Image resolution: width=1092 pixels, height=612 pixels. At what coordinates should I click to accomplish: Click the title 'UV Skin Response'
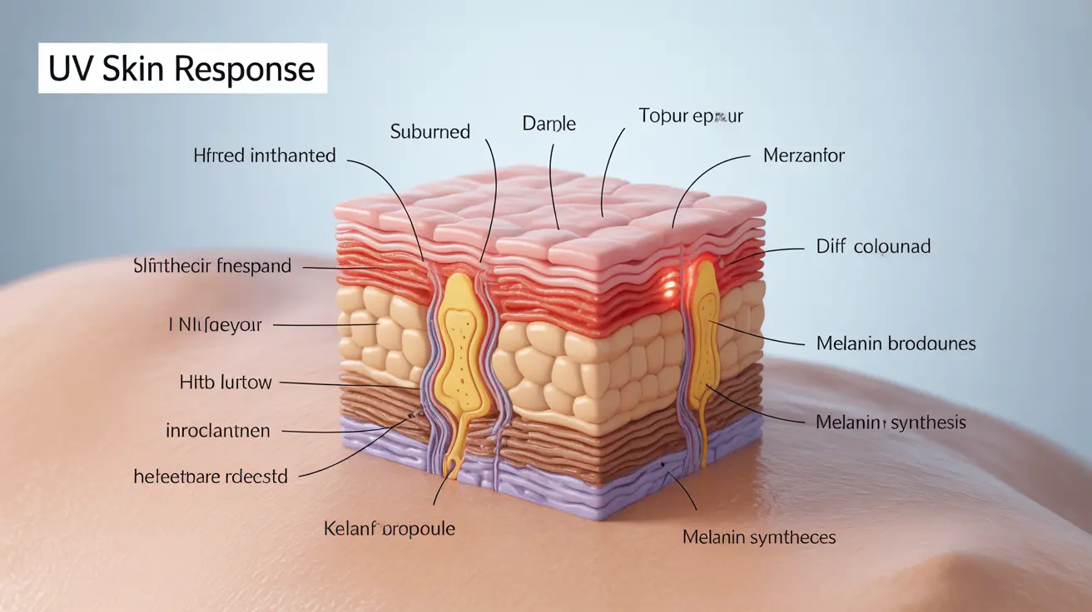click(181, 69)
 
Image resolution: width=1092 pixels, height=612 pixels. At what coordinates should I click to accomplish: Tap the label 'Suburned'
click(429, 131)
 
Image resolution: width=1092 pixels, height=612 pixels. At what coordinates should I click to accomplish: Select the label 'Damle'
click(548, 124)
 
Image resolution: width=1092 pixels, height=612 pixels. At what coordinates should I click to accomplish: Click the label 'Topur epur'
click(690, 116)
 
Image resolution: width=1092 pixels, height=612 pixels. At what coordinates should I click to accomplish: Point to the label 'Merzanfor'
click(803, 155)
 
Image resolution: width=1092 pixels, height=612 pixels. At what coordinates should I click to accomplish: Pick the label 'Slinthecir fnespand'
click(212, 266)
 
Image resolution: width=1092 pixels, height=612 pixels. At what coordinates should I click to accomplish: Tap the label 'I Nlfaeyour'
click(215, 325)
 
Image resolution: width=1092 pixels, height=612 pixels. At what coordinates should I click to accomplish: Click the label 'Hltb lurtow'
click(226, 382)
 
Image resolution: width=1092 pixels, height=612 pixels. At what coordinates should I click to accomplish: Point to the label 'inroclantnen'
click(218, 431)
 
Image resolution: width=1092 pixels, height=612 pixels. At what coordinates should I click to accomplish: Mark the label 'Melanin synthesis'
click(891, 422)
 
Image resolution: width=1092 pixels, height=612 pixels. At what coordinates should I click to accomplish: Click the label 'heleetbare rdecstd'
click(211, 476)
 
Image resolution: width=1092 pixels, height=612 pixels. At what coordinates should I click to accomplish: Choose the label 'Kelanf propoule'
click(389, 528)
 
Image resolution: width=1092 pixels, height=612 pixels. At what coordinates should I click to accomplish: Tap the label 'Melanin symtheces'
click(758, 537)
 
